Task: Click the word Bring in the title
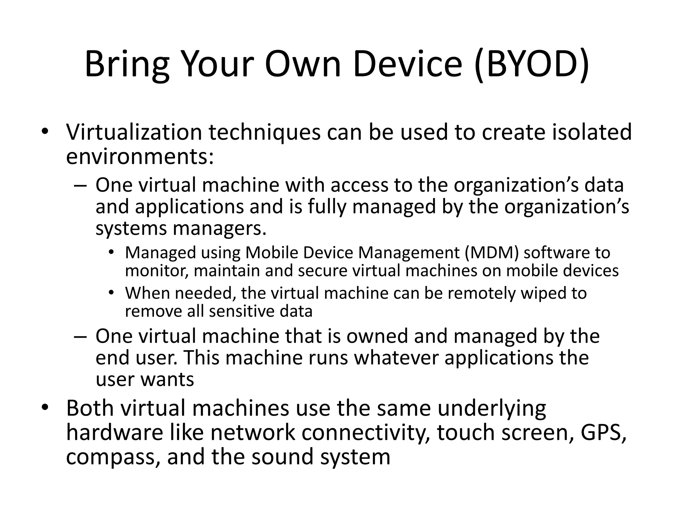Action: [127, 65]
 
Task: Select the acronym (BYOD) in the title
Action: [531, 65]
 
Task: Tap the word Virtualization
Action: [134, 132]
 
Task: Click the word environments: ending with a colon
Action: [140, 157]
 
